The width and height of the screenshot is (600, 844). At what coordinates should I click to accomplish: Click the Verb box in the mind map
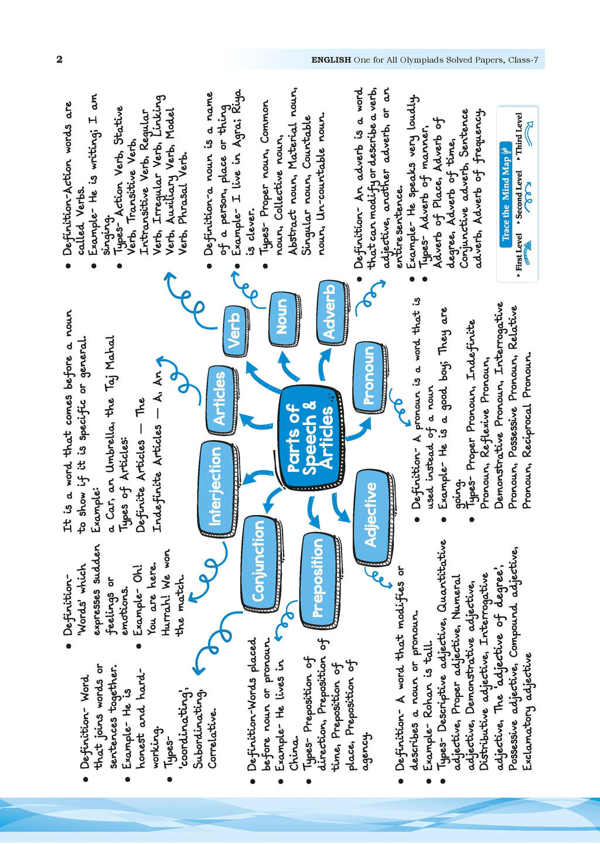coord(236,331)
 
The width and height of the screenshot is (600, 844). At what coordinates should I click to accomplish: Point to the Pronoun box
coord(369,376)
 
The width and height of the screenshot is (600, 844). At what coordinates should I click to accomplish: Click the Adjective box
coord(371,516)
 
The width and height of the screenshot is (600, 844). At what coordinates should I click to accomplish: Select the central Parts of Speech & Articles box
coord(311,437)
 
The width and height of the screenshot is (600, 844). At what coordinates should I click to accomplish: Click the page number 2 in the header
coord(59,60)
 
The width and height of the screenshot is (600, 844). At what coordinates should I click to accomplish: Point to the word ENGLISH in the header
coord(331,60)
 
